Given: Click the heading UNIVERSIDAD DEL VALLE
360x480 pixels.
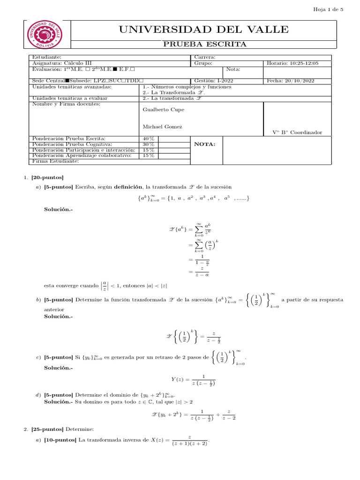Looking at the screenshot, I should pos(203,30).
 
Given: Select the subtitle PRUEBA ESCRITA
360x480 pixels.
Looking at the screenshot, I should pos(203,44).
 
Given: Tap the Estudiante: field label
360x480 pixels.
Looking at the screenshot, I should pos(46,57).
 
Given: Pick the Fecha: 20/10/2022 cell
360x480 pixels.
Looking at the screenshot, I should pos(290,81).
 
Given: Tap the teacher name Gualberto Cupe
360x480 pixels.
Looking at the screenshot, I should pos(157,110).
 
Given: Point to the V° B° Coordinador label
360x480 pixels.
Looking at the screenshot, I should pos(297,133).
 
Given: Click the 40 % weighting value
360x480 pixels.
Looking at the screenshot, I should pos(149,139).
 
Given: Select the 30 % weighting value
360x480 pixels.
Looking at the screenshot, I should pos(149,144).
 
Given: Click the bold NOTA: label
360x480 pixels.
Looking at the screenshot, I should pos(205,144).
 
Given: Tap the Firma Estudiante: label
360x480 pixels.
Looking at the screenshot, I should pos(55,161).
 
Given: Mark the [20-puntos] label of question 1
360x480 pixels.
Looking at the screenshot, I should pos(47,178).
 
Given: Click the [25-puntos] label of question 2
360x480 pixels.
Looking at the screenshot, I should pos(47,429).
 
